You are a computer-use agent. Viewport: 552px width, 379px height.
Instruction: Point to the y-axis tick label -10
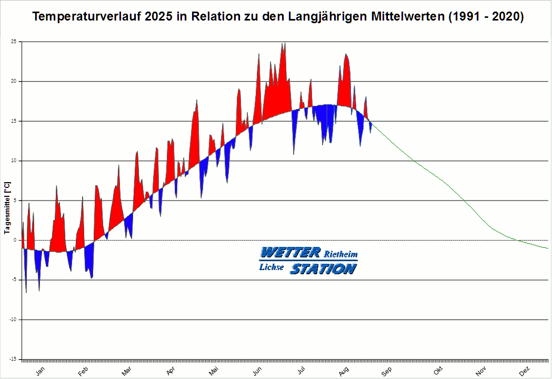13,320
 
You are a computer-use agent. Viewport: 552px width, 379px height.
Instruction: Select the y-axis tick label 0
15,240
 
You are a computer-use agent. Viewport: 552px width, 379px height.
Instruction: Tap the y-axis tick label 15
14,121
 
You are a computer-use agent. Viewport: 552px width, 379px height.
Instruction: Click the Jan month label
41,371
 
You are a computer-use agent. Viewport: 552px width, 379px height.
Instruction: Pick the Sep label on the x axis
386,371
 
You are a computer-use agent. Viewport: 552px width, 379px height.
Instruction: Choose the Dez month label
524,371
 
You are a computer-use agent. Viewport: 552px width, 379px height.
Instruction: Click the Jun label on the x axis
258,371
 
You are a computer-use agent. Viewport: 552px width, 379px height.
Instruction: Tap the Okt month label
438,371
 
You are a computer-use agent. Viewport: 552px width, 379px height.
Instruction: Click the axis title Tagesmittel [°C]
7,208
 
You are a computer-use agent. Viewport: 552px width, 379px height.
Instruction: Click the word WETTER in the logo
290,253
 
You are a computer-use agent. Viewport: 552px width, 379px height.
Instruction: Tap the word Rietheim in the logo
340,255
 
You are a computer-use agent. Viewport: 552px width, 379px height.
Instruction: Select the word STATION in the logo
323,268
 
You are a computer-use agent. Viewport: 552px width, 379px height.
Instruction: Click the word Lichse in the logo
272,267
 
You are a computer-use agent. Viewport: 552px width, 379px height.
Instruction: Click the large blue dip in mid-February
89,261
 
